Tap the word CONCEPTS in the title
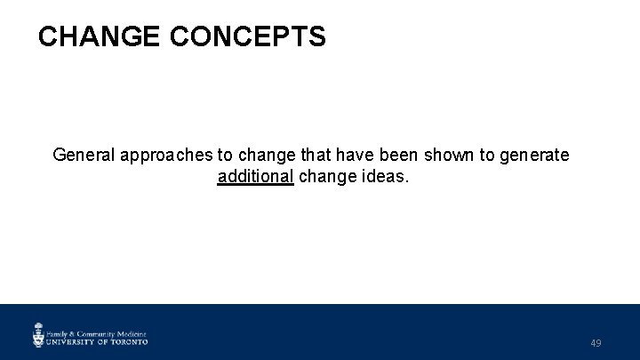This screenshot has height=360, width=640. tap(247, 36)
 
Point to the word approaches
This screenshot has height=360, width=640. tap(167, 156)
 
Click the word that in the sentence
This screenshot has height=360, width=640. tap(311, 156)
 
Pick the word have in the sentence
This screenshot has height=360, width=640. tap(348, 156)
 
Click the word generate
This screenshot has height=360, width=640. tap(533, 156)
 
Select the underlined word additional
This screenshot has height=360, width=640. tap(255, 176)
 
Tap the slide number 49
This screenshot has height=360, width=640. tap(596, 343)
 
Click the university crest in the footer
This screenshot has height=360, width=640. tap(38, 334)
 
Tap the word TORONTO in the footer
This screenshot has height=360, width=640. tap(130, 340)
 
